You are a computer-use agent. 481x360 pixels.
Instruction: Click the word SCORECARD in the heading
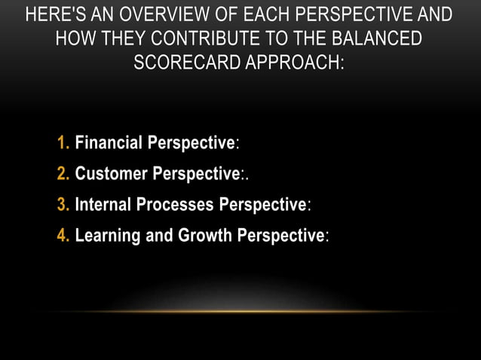coord(180,63)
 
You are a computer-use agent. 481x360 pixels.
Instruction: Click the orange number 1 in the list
coord(63,143)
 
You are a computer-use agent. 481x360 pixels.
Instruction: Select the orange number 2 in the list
coord(63,174)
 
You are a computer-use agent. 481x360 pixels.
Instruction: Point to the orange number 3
coord(63,205)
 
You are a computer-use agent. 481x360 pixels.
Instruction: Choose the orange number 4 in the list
coord(63,236)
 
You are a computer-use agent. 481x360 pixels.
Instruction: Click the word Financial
coord(109,143)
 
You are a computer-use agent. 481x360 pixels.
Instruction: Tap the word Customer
coord(111,174)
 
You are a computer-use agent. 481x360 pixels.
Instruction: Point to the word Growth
coord(205,236)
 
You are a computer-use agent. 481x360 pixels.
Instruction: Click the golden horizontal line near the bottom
coord(240,311)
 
